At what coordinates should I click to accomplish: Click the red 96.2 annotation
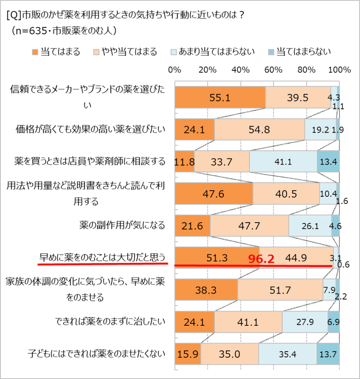(261, 258)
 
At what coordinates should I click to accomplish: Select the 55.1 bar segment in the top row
(220, 98)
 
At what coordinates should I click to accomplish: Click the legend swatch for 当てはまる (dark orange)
(35, 52)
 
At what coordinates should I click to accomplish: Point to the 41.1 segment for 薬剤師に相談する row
(283, 162)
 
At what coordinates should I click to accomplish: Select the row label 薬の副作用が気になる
(122, 225)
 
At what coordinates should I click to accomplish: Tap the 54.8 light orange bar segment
(259, 130)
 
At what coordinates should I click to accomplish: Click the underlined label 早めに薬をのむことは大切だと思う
(103, 257)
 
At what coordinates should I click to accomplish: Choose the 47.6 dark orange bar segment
(213, 194)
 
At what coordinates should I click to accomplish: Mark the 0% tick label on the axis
(174, 70)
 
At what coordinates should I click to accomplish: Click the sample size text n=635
(34, 31)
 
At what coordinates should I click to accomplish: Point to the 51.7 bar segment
(280, 289)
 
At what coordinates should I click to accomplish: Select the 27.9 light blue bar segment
(304, 322)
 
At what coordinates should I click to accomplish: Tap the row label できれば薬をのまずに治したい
(110, 321)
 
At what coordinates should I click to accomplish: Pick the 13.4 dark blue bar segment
(328, 162)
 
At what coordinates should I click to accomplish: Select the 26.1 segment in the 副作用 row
(310, 226)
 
